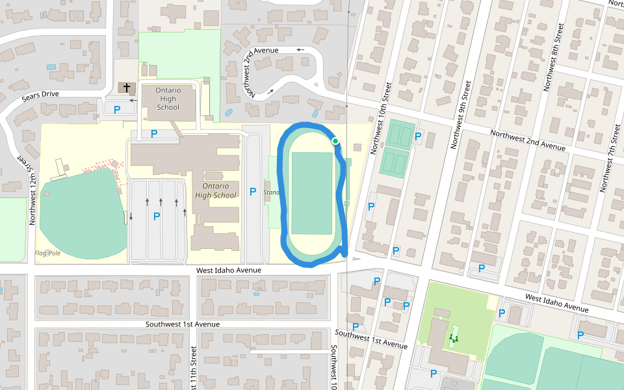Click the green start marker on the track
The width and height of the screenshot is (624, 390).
pyautogui.click(x=335, y=141)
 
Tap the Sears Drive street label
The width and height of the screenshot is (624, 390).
pyautogui.click(x=40, y=94)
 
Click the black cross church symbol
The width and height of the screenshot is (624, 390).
pyautogui.click(x=126, y=86)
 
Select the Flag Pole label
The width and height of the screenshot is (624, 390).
pyautogui.click(x=47, y=253)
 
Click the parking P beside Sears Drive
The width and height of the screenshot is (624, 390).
pyautogui.click(x=117, y=110)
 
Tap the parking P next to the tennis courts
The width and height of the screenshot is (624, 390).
pyautogui.click(x=418, y=137)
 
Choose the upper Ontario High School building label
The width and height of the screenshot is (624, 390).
pyautogui.click(x=168, y=99)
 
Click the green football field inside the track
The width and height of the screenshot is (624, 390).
pyautogui.click(x=312, y=193)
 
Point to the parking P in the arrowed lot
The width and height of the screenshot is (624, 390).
pyautogui.click(x=157, y=216)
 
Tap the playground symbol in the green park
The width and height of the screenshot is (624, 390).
pyautogui.click(x=453, y=337)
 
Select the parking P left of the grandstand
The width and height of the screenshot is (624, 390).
pyautogui.click(x=253, y=192)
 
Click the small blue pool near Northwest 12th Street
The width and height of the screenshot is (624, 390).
pyautogui.click(x=51, y=67)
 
